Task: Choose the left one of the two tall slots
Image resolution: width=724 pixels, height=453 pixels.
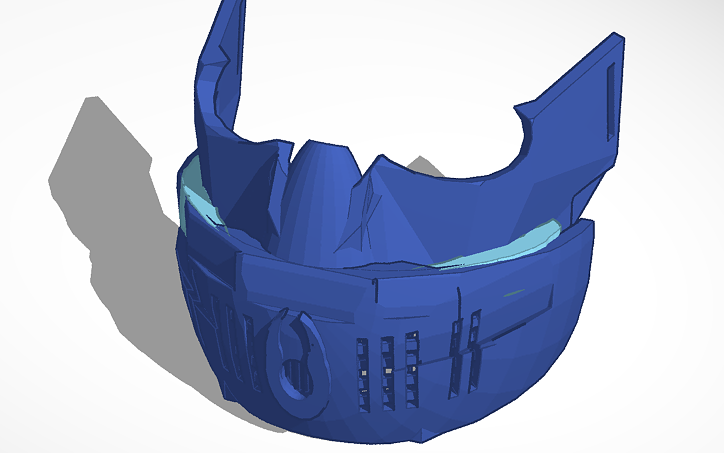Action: tap(455, 350)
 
